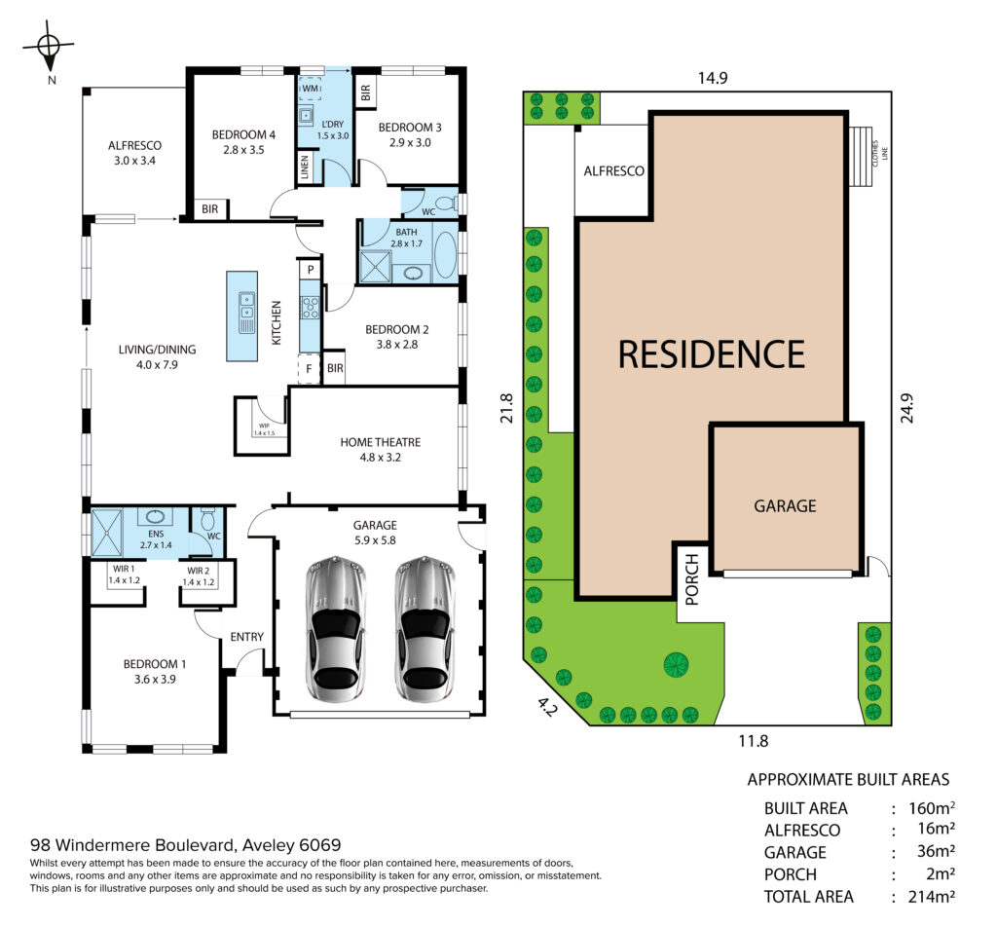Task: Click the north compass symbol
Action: point(49,46)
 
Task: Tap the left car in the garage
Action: point(336,629)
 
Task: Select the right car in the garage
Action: point(425,629)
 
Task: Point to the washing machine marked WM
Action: point(311,89)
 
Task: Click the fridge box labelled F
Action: point(309,369)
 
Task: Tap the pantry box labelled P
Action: point(311,270)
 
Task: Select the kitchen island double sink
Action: point(246,313)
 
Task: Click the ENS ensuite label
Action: point(156,534)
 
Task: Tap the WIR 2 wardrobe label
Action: point(199,571)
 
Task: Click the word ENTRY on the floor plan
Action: point(246,637)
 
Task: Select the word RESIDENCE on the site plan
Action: point(712,354)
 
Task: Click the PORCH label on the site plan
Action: point(692,579)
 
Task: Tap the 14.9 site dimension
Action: point(712,78)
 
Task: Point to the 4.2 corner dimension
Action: point(546,707)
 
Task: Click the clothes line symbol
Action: point(861,157)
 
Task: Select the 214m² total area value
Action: point(932,897)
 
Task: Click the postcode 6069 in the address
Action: point(319,845)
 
